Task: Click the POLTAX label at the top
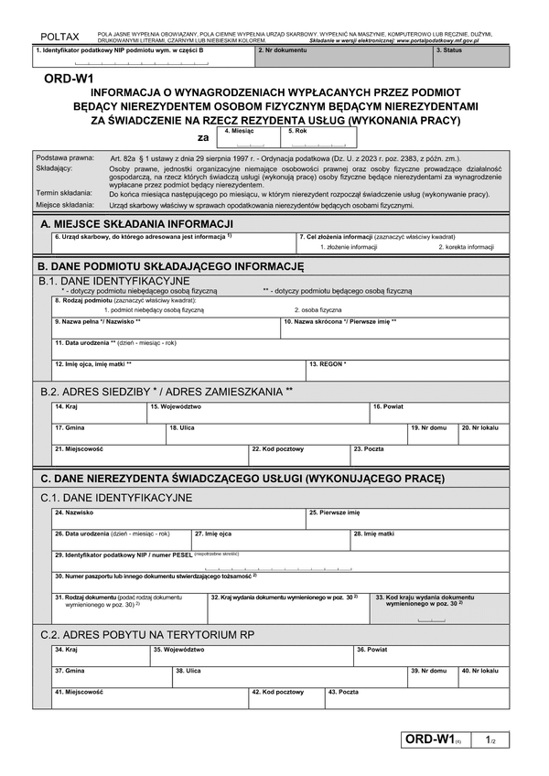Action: [59, 36]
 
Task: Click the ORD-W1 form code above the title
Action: [62, 80]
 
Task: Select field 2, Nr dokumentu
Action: [343, 57]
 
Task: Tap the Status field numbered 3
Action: [468, 57]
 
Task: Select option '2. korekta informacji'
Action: [466, 247]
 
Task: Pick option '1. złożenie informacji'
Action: [349, 247]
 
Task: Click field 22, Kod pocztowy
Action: [299, 455]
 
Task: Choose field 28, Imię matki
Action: [425, 539]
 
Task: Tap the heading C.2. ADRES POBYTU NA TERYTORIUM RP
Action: [147, 634]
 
